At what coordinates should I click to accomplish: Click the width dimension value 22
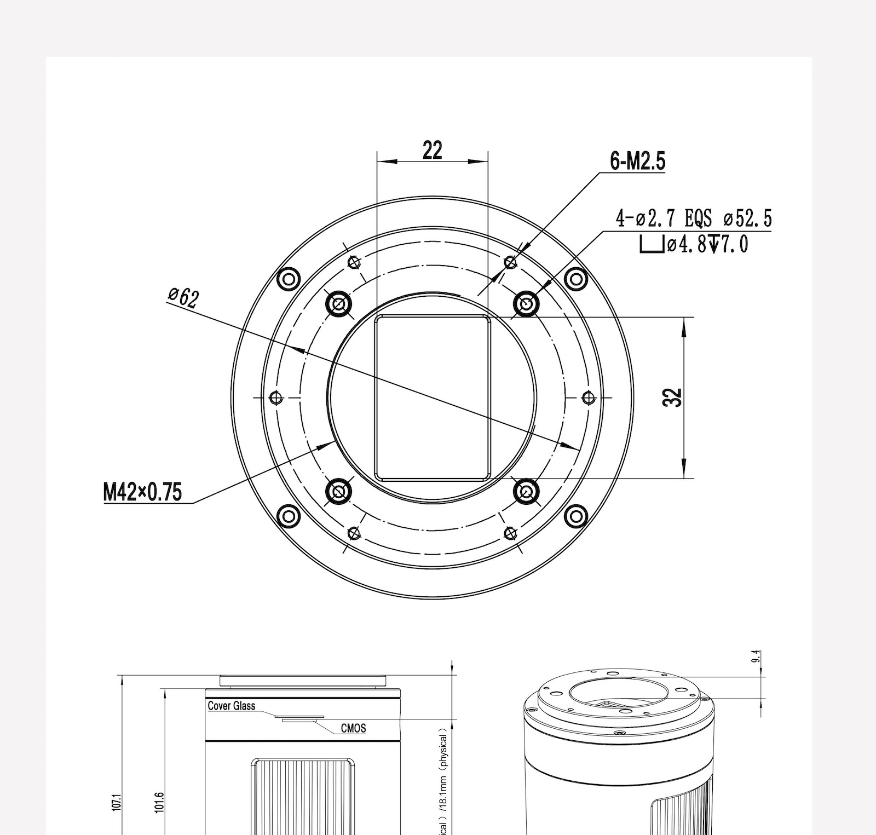tap(432, 150)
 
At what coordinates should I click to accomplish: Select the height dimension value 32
tap(673, 398)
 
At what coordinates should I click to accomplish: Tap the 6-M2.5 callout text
tap(637, 162)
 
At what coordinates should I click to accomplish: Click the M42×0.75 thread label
tap(142, 492)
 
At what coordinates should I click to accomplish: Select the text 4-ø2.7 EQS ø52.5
tap(694, 219)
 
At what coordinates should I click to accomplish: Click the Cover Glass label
tap(231, 706)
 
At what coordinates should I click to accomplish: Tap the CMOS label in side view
tap(353, 728)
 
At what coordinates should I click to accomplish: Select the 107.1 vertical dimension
tap(116, 802)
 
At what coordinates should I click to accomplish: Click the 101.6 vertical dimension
tap(159, 802)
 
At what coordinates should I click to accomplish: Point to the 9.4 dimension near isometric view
tap(756, 657)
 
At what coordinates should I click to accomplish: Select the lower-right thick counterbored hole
tap(526, 492)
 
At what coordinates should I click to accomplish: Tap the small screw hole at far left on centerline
tap(275, 398)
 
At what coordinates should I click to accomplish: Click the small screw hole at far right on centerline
tap(588, 398)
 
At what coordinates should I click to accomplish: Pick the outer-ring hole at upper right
tap(576, 279)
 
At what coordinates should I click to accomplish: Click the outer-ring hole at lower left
tap(289, 516)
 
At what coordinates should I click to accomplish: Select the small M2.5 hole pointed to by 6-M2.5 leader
tap(510, 262)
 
